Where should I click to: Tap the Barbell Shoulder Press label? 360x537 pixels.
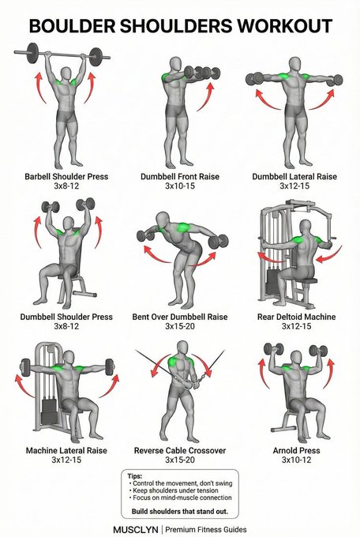tap(66, 177)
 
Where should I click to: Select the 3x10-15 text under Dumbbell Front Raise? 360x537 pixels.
tap(180, 186)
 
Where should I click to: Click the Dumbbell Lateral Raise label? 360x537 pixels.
tap(294, 177)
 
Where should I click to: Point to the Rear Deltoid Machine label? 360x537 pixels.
tap(297, 317)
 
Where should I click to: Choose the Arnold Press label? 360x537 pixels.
tap(297, 450)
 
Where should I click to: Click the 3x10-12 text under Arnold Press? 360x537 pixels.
tap(297, 460)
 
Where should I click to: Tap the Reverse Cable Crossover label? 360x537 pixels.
tap(180, 450)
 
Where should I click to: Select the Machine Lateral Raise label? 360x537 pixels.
tap(66, 450)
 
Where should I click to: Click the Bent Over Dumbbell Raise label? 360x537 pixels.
tap(180, 317)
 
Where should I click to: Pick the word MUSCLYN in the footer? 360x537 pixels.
tap(136, 529)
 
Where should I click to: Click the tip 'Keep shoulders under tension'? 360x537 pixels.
tap(175, 490)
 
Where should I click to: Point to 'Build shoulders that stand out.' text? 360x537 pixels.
tap(180, 511)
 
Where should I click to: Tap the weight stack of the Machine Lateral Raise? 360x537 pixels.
tap(49, 411)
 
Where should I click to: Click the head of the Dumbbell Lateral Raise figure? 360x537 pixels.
tap(294, 65)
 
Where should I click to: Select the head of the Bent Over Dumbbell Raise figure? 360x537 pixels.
tap(163, 220)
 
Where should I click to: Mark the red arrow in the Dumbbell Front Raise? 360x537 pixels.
tap(206, 97)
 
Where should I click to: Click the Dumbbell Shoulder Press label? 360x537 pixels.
tap(66, 317)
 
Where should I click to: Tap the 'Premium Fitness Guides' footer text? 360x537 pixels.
tap(206, 529)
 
